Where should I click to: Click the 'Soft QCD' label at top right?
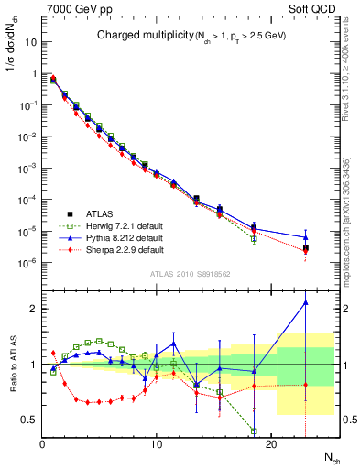(314, 8)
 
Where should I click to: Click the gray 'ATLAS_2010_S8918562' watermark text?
(190, 273)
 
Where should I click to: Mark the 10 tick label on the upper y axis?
(30, 42)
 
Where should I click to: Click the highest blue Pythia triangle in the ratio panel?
(305, 302)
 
